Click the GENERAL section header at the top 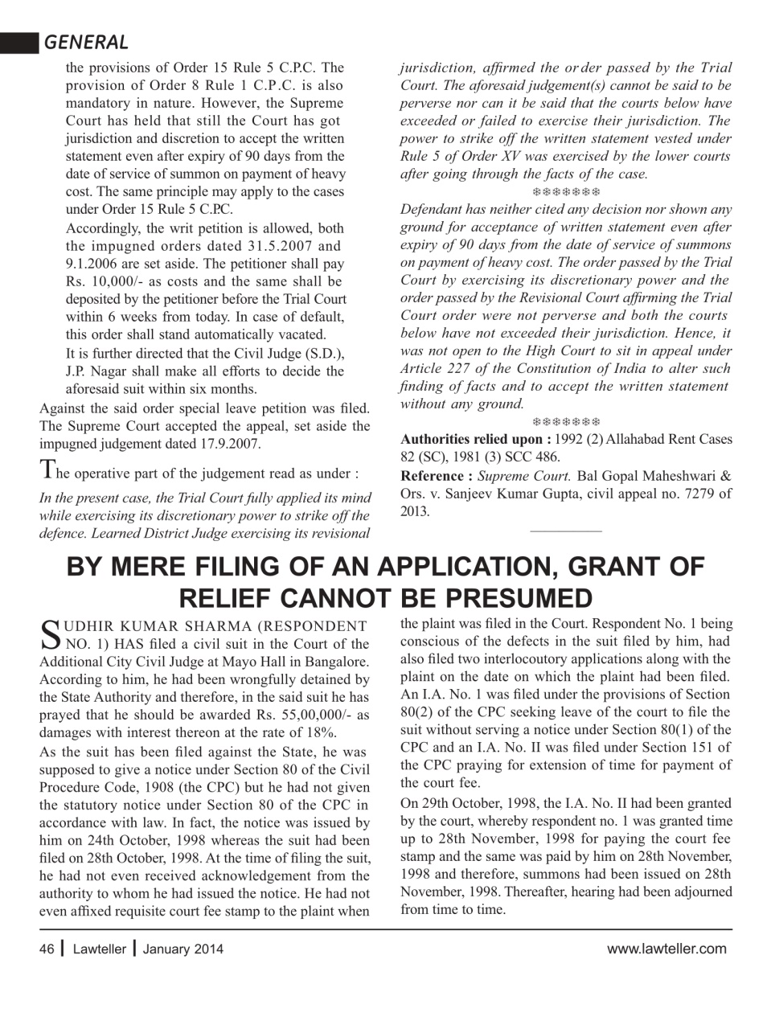click(x=86, y=42)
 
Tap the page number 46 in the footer click(x=47, y=949)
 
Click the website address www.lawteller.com click(x=666, y=949)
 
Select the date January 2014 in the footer click(x=183, y=949)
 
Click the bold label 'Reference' click(x=436, y=475)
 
